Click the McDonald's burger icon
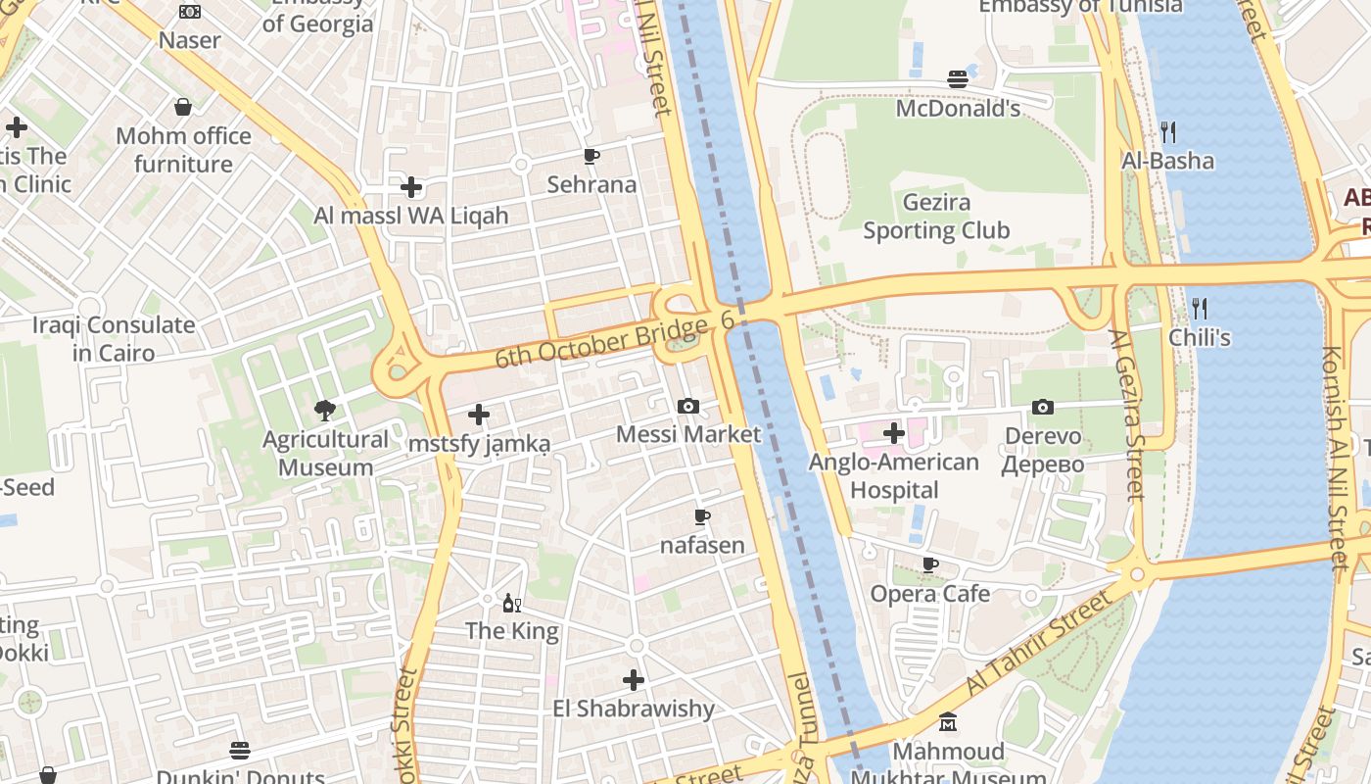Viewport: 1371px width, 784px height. click(958, 79)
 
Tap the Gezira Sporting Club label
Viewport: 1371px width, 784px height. click(936, 217)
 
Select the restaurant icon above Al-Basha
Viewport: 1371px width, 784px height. click(1167, 131)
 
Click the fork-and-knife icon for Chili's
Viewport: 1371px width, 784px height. click(1199, 309)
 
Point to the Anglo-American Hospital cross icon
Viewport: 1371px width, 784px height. click(894, 432)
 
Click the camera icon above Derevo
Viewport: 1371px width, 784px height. click(1043, 407)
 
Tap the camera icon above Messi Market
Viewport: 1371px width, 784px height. click(688, 406)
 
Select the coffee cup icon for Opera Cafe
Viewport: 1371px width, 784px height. click(930, 564)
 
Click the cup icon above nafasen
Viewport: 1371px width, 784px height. click(702, 516)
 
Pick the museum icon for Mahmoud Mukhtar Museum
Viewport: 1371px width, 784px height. click(948, 723)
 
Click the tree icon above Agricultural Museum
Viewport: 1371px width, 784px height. click(325, 410)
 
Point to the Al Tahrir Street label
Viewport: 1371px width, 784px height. click(1040, 642)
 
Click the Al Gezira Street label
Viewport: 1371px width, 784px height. click(1127, 415)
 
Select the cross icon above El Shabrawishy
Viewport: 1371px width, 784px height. click(634, 679)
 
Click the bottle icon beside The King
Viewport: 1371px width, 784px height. click(509, 603)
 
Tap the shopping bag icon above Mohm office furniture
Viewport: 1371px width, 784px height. click(183, 107)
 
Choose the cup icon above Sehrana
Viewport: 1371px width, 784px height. click(591, 156)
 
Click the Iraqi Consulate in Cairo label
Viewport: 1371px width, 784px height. click(114, 338)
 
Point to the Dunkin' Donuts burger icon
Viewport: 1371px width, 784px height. click(240, 751)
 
